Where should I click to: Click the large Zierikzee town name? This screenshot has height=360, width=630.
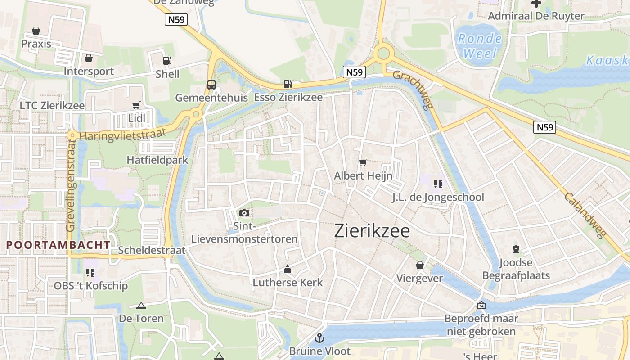click(372, 231)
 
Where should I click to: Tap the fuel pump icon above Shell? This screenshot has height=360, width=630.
click(167, 60)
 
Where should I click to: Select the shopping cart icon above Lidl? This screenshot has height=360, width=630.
click(136, 105)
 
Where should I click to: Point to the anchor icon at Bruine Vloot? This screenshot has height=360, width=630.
click(319, 337)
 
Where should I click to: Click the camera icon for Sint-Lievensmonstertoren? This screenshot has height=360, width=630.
click(244, 213)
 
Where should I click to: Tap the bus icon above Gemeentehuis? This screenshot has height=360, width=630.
click(211, 84)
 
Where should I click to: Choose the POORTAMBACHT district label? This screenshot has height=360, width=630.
click(58, 245)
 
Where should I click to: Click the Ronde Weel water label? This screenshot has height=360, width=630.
click(480, 46)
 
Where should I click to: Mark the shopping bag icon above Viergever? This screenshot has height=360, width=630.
click(419, 265)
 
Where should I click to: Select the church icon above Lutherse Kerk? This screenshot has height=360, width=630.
click(287, 270)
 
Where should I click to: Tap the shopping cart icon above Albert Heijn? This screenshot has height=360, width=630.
click(363, 162)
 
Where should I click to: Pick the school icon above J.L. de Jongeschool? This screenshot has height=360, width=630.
click(438, 184)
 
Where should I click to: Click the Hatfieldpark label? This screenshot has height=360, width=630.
click(157, 160)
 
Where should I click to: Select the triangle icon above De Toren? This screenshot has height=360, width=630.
click(141, 306)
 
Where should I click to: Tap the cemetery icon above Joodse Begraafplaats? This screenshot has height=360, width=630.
click(516, 249)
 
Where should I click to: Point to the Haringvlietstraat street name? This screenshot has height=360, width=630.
click(123, 134)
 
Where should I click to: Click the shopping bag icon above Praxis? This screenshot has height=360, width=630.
click(36, 31)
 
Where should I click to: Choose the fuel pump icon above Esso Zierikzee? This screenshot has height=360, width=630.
click(288, 84)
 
